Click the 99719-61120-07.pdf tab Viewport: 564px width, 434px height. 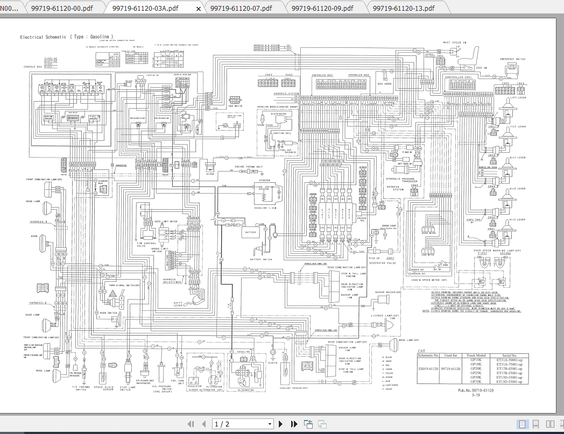pos(241,8)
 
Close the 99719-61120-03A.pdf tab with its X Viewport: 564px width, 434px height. pos(199,9)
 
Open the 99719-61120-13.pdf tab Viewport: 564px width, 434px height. pos(403,8)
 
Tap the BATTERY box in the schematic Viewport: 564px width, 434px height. pos(251,232)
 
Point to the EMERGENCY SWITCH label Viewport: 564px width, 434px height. pos(512,59)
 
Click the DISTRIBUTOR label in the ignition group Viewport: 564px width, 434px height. pos(278,114)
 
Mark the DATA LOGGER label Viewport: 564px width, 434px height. pos(384,84)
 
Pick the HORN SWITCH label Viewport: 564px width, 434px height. pos(108,312)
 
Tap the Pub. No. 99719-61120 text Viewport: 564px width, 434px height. pos(475,390)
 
